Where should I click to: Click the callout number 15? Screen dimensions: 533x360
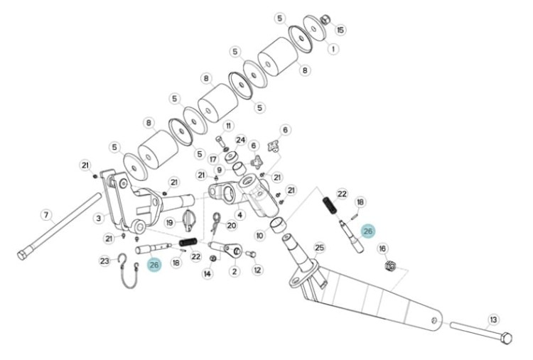click(340, 30)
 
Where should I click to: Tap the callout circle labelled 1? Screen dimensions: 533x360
click(333, 49)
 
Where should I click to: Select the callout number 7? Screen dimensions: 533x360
click(46, 215)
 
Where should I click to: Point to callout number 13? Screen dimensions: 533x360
click(493, 320)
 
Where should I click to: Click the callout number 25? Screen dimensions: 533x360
click(320, 248)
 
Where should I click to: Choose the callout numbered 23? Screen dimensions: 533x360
click(104, 261)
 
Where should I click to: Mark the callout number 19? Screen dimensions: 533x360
click(170, 223)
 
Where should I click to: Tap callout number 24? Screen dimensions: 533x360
click(241, 140)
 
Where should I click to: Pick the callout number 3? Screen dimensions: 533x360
click(99, 218)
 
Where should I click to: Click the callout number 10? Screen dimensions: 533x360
click(259, 236)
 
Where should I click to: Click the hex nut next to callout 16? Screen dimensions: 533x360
click(390, 266)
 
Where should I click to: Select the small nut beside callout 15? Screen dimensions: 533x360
click(325, 20)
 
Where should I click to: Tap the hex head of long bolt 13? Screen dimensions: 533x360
click(507, 338)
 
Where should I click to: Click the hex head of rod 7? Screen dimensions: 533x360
click(22, 255)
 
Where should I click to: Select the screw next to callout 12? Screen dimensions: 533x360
click(251, 254)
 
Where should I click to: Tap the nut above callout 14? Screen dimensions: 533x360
click(213, 258)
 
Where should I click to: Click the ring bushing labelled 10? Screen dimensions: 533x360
click(277, 225)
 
